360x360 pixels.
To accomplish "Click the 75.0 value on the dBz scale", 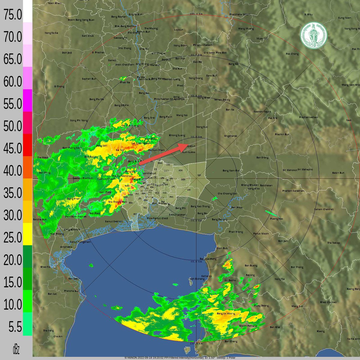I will [x=13, y=15].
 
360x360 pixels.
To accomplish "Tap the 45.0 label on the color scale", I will [x=13, y=148].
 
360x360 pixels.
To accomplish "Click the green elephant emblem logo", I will [x=314, y=35].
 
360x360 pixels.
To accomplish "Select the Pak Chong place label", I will [x=292, y=54].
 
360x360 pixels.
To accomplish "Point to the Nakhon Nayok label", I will [x=262, y=112].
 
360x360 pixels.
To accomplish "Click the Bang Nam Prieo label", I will [x=231, y=171].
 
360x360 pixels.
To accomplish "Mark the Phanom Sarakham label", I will [x=293, y=191].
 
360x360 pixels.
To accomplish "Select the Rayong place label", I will [x=250, y=275].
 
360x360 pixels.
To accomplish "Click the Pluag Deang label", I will [x=261, y=306].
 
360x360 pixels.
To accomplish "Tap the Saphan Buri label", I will [x=89, y=79].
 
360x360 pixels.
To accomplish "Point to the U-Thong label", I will [x=59, y=86].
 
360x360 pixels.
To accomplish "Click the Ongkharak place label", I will [x=230, y=136].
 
